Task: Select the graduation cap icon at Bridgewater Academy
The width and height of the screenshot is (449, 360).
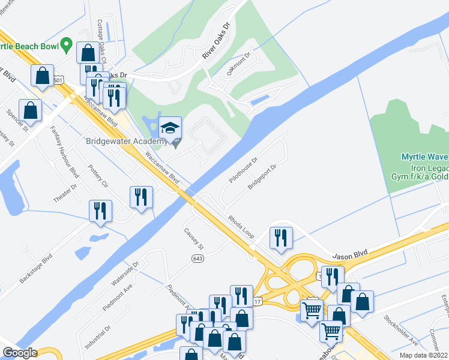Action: pyautogui.click(x=170, y=127)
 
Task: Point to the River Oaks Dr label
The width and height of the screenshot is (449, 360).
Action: pyautogui.click(x=217, y=41)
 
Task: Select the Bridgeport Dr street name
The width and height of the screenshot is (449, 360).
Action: pyautogui.click(x=263, y=176)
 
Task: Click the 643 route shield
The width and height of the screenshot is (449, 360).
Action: pyautogui.click(x=197, y=258)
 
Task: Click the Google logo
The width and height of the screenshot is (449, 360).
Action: pyautogui.click(x=20, y=353)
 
